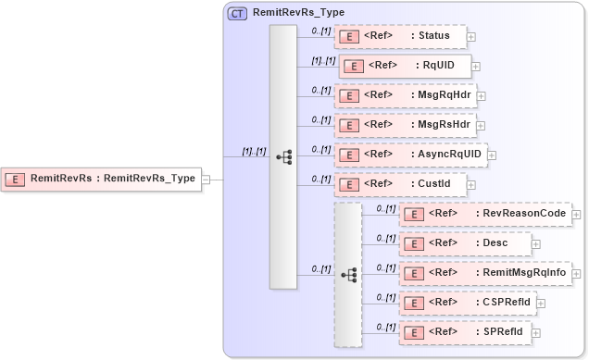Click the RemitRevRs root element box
(102, 179)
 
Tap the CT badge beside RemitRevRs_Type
(237, 14)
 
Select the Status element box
(400, 37)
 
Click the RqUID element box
(405, 66)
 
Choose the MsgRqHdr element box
(405, 95)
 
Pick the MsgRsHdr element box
(405, 125)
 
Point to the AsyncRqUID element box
(410, 155)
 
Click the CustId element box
(400, 184)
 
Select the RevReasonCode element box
(484, 214)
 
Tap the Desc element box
(465, 243)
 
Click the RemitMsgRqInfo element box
(484, 273)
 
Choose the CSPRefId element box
(467, 302)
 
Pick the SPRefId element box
(464, 331)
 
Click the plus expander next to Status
(472, 37)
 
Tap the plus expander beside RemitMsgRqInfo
(576, 273)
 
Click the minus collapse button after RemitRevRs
(207, 180)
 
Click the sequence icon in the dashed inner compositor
(349, 275)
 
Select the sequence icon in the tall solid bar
(283, 157)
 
